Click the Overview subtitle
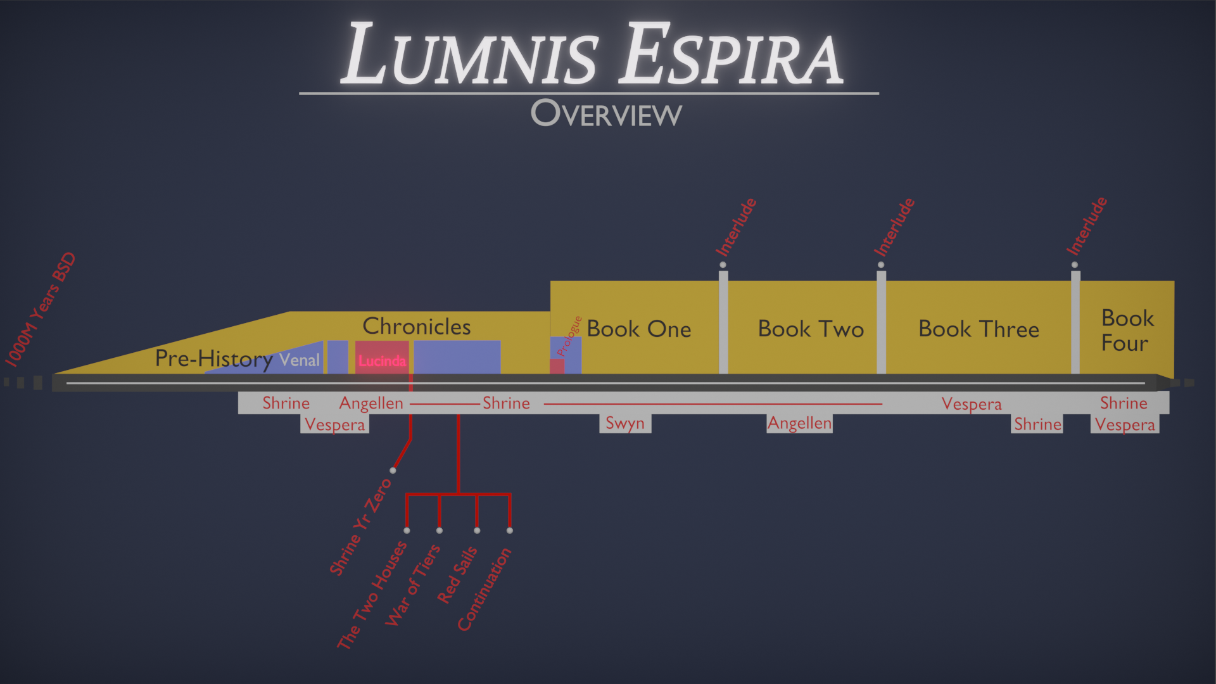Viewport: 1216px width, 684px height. (x=606, y=114)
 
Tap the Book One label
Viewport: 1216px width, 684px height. (x=638, y=329)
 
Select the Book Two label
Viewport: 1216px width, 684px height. (x=811, y=329)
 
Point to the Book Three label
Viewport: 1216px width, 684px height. (x=978, y=329)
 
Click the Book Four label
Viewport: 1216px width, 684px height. (x=1126, y=330)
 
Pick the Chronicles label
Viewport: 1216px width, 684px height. (x=416, y=326)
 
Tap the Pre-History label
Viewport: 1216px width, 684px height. (x=213, y=358)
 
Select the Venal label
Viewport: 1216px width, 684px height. (x=300, y=360)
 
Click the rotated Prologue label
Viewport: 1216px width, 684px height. (x=569, y=336)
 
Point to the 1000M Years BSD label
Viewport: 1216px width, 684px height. (x=41, y=309)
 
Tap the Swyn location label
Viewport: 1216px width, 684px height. (x=624, y=423)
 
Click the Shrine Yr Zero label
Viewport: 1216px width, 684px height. (x=360, y=527)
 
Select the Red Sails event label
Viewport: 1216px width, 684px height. (x=457, y=575)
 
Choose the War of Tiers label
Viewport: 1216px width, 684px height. (x=412, y=585)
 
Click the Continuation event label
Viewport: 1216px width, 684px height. (x=484, y=590)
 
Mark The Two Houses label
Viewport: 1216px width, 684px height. (x=372, y=595)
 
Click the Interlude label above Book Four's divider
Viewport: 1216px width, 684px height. (x=1087, y=226)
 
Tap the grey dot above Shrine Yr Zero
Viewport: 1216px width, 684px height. (x=393, y=471)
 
